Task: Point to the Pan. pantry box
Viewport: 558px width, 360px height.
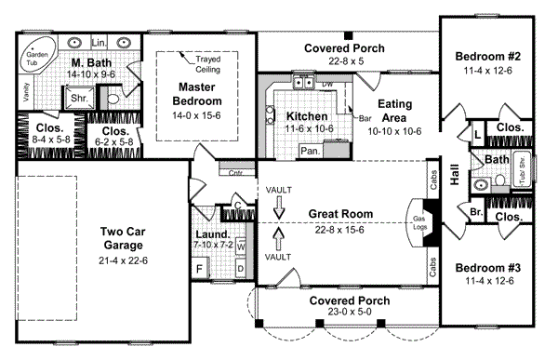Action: [x=310, y=150]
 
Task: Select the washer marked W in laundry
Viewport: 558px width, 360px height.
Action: [x=240, y=247]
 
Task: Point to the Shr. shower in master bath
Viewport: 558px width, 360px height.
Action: [x=75, y=98]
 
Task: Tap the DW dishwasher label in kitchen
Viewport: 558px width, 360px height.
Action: [x=326, y=84]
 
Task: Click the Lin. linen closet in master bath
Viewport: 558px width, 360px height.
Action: [x=100, y=42]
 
